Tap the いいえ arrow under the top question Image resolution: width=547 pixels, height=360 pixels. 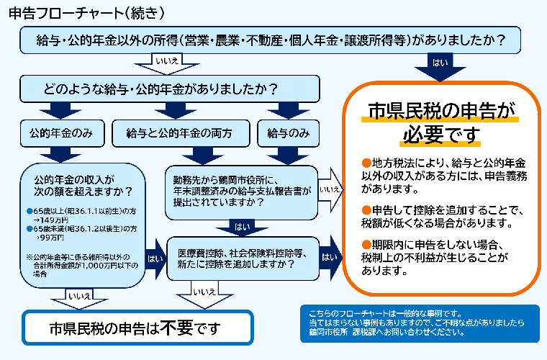click(x=167, y=63)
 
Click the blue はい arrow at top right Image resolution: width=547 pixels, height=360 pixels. click(x=440, y=64)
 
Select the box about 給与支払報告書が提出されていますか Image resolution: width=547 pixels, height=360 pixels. click(x=241, y=192)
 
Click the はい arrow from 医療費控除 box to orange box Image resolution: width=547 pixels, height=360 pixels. click(x=330, y=257)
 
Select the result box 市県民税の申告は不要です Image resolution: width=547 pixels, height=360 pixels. click(x=137, y=328)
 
